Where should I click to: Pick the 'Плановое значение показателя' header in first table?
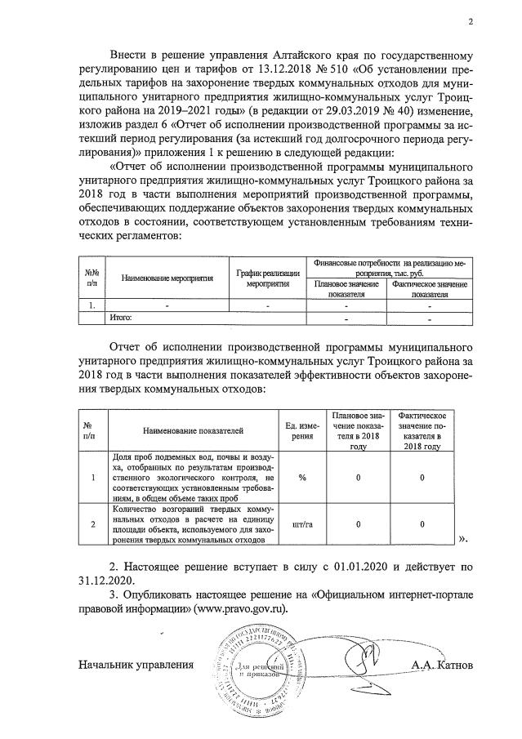(346, 289)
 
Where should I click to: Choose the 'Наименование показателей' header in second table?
(193, 429)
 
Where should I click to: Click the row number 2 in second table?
(92, 525)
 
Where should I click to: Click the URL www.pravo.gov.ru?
(241, 609)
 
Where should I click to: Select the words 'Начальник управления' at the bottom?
(136, 665)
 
